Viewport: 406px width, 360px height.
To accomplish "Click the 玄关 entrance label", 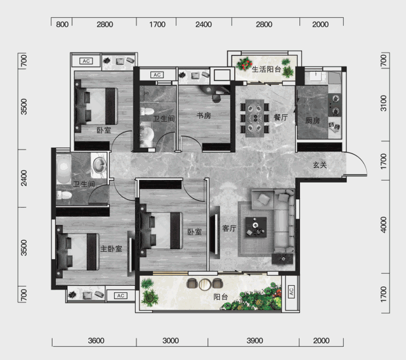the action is pos(320,165).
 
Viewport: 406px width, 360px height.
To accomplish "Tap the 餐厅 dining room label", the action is pos(281,118).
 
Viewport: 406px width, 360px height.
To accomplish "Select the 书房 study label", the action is pos(204,115).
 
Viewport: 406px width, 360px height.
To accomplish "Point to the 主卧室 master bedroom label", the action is pos(112,249).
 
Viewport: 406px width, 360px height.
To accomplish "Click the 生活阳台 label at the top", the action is pos(266,69).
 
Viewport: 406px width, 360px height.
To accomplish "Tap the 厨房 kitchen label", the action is pos(313,120).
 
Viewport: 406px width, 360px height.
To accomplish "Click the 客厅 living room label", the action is pos(230,228).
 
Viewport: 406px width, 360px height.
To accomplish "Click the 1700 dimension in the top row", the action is pos(157,25).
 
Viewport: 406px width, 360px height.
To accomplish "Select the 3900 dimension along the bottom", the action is pos(254,340).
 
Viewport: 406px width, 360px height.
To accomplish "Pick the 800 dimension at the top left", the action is pos(62,25).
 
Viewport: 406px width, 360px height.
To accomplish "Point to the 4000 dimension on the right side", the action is pos(384,224).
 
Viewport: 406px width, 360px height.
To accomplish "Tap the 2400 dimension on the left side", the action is pos(24,178).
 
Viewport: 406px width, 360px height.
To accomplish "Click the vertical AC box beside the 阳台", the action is pos(291,292).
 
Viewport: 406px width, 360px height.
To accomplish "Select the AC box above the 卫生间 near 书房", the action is pos(157,75).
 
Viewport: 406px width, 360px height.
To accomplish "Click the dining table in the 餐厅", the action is pos(255,118).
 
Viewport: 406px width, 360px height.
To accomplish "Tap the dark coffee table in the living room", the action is pos(256,227).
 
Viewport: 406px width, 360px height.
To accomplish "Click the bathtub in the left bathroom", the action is pos(63,169).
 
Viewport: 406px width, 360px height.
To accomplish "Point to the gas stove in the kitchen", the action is pos(335,105).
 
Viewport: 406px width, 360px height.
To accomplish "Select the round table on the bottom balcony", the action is pos(205,284).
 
